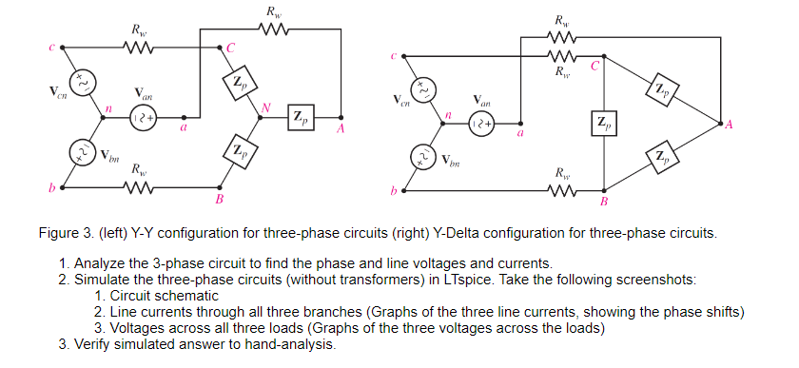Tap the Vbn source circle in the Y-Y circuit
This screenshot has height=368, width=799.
point(80,152)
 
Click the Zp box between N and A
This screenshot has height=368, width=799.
point(301,118)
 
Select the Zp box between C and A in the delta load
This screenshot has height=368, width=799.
point(660,90)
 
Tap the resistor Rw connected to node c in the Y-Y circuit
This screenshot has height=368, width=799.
point(139,46)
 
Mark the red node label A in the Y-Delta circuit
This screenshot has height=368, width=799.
point(730,125)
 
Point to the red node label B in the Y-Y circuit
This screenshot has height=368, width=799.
point(220,201)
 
